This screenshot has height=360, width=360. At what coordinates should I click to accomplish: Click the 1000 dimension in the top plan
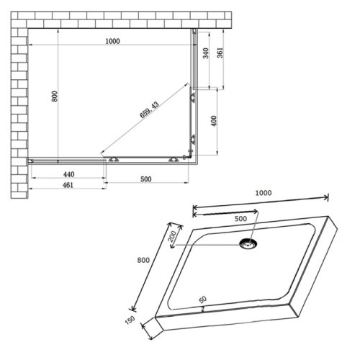112,41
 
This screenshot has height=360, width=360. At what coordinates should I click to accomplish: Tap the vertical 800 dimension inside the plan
53,96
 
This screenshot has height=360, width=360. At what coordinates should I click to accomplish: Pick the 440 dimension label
68,174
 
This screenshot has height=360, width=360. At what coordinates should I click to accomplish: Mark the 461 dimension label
69,187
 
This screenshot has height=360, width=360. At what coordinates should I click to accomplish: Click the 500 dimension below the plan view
146,179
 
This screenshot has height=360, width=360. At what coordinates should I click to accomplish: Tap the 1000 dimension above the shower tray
264,194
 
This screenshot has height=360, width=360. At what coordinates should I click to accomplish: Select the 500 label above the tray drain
240,219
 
